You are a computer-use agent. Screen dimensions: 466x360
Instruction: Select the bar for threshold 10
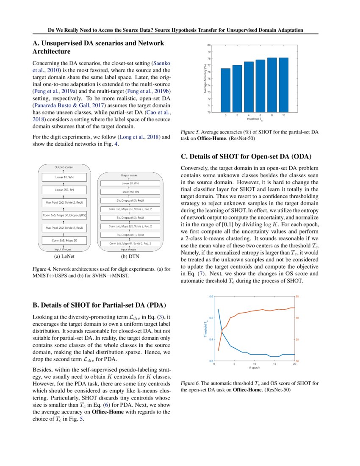click(x=283, y=85)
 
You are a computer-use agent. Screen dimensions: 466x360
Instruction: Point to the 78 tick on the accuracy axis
click(x=209, y=58)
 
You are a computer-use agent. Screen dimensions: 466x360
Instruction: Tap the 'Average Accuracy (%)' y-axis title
click(x=205, y=78)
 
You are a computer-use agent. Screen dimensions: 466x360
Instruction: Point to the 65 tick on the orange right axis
click(x=297, y=297)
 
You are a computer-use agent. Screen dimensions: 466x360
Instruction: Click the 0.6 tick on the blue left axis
click(x=211, y=297)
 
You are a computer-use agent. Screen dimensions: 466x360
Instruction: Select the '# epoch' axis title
click(x=255, y=368)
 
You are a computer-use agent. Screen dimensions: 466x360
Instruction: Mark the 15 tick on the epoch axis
click(x=274, y=364)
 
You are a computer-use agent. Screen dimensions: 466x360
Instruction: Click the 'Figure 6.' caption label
click(x=190, y=383)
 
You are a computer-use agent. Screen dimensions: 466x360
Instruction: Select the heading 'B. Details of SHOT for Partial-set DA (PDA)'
click(x=99, y=305)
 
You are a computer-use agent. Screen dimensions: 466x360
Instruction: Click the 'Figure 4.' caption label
click(x=42, y=269)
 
